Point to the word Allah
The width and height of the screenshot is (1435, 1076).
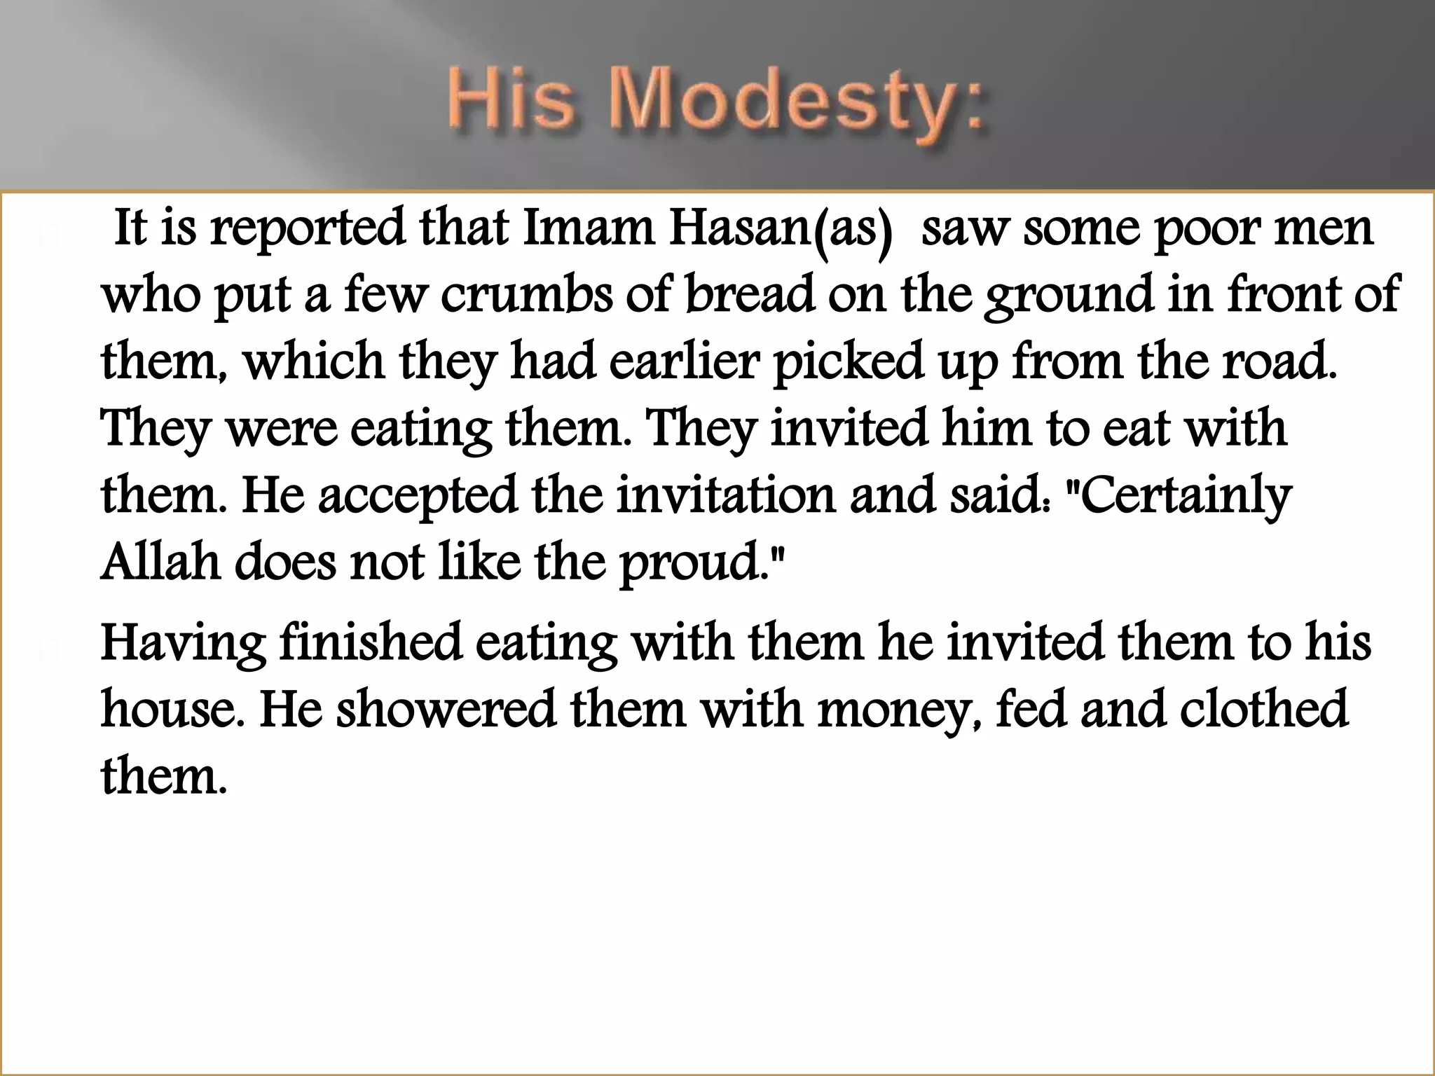[x=161, y=562]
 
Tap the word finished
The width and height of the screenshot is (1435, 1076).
[x=371, y=642]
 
